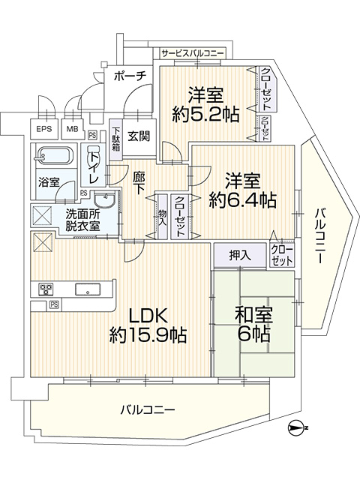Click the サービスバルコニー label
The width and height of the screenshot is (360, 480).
point(193,53)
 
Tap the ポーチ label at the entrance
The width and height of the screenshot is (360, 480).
point(130,76)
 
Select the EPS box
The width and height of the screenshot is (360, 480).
point(43,129)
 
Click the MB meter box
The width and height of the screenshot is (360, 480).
point(73,129)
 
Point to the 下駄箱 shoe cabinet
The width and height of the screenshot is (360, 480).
point(115,139)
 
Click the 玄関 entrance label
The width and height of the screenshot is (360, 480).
point(139,136)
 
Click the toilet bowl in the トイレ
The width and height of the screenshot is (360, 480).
point(93,157)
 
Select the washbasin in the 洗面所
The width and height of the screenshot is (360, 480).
point(103,200)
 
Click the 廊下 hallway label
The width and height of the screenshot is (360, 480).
point(139,184)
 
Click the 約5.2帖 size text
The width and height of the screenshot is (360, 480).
point(205,115)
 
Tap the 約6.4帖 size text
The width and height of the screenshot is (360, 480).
point(243,200)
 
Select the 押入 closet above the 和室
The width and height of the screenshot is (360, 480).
point(240,255)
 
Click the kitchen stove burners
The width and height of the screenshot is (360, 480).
point(46,289)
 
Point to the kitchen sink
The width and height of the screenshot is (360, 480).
point(88,289)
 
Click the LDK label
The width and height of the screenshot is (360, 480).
point(148,316)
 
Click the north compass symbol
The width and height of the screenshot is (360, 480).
point(295,427)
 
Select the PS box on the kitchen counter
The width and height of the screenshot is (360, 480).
point(54,304)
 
